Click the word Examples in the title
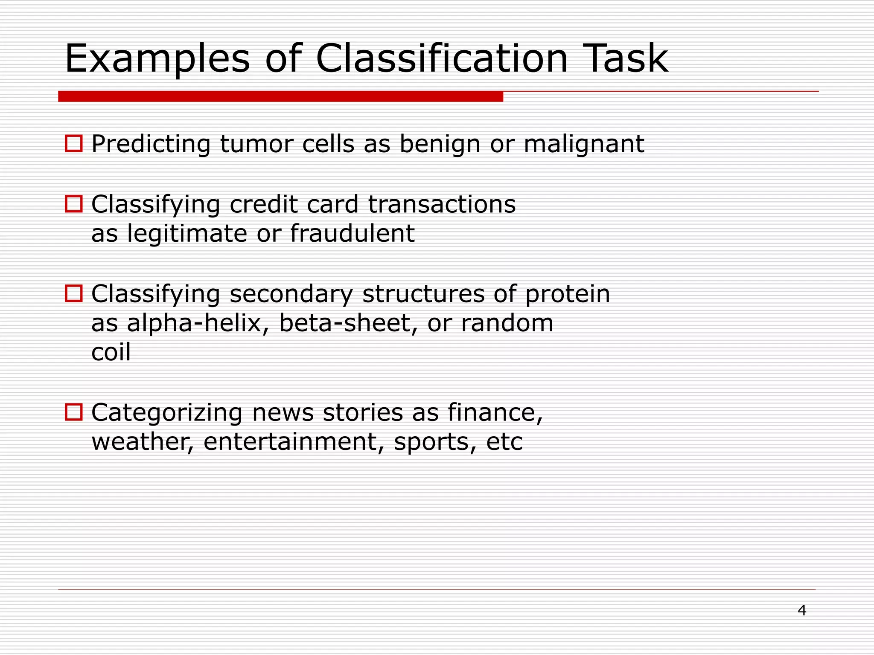[x=157, y=59]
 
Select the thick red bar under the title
[x=280, y=96]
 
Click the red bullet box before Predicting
[x=73, y=144]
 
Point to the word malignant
[x=583, y=144]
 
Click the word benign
[x=440, y=144]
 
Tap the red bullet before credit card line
[x=73, y=204]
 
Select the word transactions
[x=442, y=204]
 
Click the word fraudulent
[x=352, y=234]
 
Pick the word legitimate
[x=187, y=234]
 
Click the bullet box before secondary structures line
[x=73, y=293]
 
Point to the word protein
[x=568, y=294]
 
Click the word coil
[x=111, y=352]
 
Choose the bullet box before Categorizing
[x=73, y=412]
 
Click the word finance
[x=495, y=413]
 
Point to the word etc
[x=504, y=442]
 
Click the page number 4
[x=802, y=611]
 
